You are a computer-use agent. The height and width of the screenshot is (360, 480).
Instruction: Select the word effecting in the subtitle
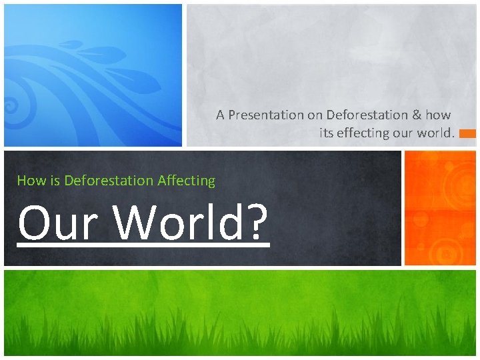point(362,133)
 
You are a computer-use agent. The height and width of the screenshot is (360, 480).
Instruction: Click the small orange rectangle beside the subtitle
point(467,133)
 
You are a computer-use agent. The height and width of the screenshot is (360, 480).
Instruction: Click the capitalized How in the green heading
point(29,180)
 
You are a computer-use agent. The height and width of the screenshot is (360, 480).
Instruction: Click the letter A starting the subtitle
point(220,115)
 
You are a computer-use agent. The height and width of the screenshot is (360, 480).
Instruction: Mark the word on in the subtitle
point(314,115)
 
